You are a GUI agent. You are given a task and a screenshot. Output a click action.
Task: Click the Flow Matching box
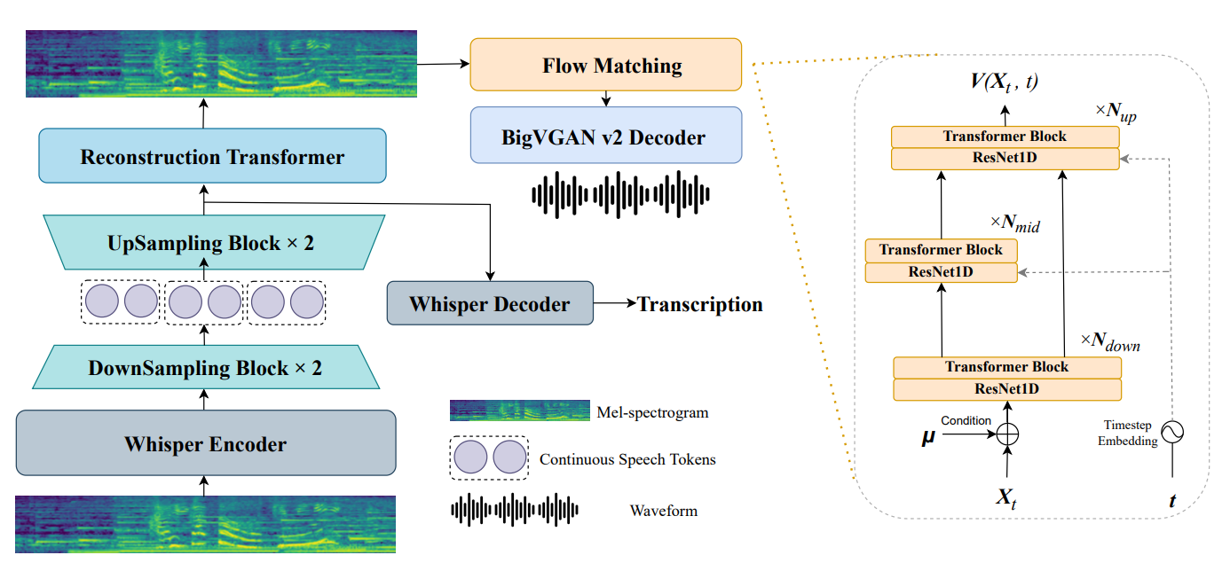coord(606,65)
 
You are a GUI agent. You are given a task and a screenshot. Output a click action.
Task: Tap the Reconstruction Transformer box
coord(212,157)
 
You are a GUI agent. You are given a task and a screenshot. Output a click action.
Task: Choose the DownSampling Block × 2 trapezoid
coord(205,367)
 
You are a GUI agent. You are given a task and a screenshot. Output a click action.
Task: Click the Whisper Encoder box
coord(205,443)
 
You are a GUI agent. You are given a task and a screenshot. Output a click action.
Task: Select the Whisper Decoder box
coord(490,304)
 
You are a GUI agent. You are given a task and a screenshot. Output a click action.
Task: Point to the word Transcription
coord(700,304)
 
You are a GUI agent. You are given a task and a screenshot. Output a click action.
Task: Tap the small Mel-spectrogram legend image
coord(519,411)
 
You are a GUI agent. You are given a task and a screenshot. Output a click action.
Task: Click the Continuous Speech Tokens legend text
coord(627,458)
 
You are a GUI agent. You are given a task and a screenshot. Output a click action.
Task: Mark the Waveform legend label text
coord(663,510)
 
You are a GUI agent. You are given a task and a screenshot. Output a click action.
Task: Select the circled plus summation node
coord(1007,434)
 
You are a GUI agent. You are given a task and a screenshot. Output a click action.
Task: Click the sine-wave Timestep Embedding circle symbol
coord(1172,432)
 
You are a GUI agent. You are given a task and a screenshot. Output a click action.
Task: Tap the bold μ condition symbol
coord(928,436)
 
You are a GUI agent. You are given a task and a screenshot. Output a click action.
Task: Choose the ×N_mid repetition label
coord(1014,224)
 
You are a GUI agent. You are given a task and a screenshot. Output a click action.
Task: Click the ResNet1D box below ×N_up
coord(1005,159)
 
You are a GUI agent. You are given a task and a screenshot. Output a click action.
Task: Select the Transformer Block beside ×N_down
coord(1006,367)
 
